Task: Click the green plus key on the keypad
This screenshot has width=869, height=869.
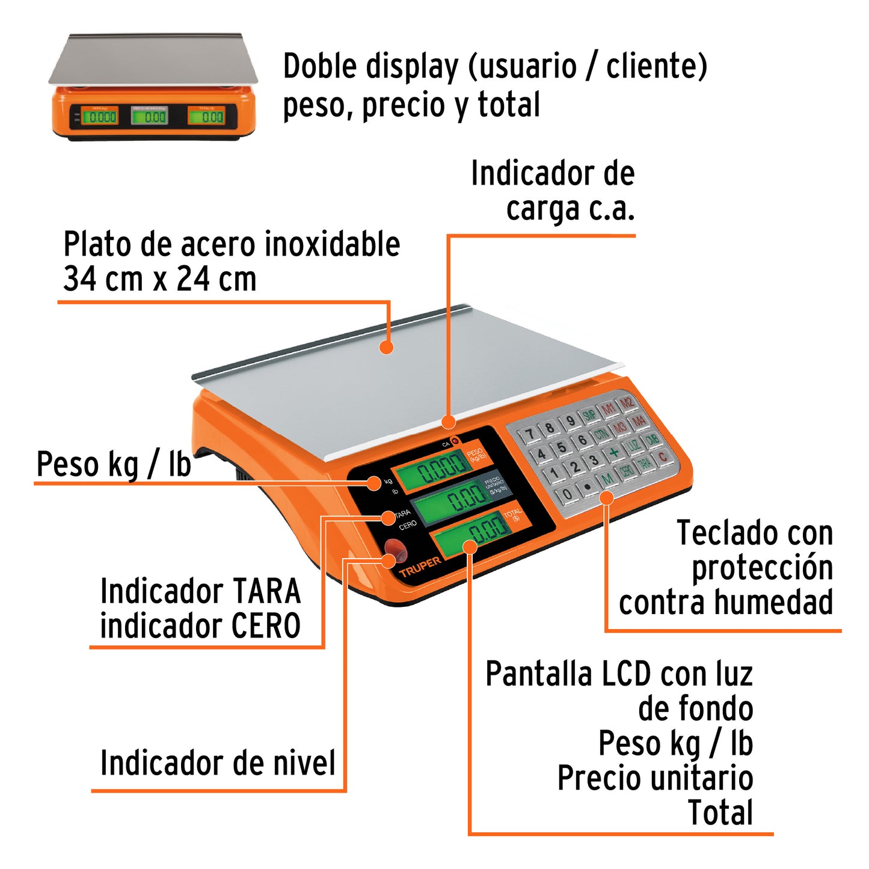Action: coord(613,453)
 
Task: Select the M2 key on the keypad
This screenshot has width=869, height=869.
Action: coord(626,403)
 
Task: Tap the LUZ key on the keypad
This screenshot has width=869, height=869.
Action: coord(633,446)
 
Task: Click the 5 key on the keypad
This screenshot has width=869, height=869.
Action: coord(561,447)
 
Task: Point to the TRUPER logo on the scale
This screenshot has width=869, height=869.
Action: coord(420,567)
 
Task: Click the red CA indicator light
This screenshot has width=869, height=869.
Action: coord(455,441)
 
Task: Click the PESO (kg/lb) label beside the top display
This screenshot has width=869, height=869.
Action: coord(477,455)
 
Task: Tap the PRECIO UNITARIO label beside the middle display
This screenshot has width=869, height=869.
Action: coord(496,485)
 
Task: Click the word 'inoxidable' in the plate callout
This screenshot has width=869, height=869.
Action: coord(332,244)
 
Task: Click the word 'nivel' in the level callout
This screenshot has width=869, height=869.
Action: coord(304,763)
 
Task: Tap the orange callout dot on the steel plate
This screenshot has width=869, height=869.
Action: coord(387,347)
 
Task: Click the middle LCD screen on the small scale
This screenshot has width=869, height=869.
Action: coord(150,116)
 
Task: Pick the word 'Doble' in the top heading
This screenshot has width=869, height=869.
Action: coord(319,66)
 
